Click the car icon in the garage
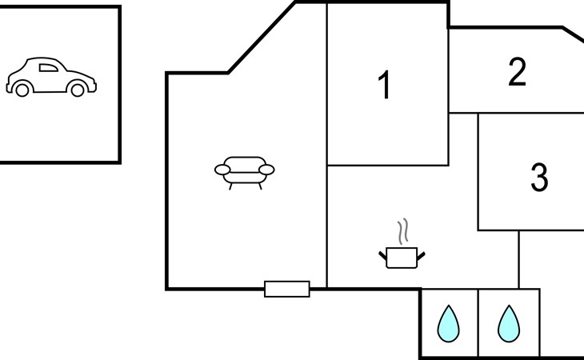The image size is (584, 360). pos(50,78)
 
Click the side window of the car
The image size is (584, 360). pos(48,68)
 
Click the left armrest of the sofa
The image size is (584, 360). pos(222,169)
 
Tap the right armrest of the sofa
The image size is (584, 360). pos(266,169)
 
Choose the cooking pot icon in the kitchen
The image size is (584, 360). pos(401,256)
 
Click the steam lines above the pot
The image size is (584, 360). pos(405,232)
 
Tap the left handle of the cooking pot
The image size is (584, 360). pos(382,255)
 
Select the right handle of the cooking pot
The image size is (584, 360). pos(420,255)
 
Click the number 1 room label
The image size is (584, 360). pos(385,86)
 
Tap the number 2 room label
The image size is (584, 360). pos(518,73)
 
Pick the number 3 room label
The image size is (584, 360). pos(540,178)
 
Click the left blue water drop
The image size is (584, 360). pos(448,324)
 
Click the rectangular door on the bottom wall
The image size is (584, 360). pos(286,289)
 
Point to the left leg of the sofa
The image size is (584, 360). pos(231,186)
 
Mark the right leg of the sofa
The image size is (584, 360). pos(258,186)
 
